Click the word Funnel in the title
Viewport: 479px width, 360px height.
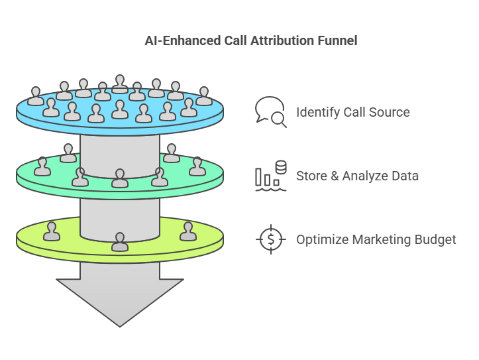(337, 40)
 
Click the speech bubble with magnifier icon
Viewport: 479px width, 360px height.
(270, 111)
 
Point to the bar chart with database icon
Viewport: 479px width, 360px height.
(270, 176)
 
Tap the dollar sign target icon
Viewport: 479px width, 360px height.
(270, 239)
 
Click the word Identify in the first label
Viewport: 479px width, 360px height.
(317, 112)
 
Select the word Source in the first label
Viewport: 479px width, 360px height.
(390, 112)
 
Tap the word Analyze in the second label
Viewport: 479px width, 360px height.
(365, 176)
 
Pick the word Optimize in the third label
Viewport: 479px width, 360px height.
(321, 239)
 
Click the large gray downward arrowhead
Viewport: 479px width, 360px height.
(120, 298)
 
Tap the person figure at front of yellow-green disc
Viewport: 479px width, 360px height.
(120, 242)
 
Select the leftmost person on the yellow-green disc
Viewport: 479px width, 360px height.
(52, 231)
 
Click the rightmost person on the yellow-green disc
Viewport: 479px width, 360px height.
(188, 231)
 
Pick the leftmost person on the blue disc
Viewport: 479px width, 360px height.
(36, 97)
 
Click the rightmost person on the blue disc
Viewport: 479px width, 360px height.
(203, 96)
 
